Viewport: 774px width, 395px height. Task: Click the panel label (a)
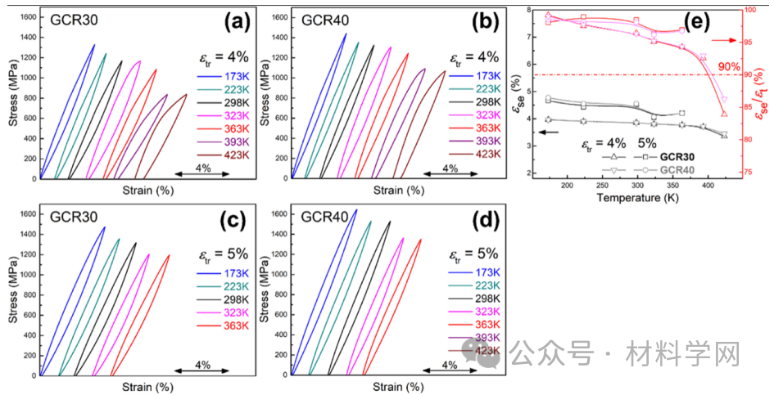pyautogui.click(x=238, y=22)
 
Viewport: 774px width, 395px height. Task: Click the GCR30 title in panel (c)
pyautogui.click(x=71, y=218)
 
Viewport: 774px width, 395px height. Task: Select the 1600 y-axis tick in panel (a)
pyautogui.click(x=27, y=17)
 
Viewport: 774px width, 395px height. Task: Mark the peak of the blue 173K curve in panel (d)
pyautogui.click(x=355, y=210)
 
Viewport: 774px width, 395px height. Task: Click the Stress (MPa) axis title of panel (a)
pyautogui.click(x=12, y=98)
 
